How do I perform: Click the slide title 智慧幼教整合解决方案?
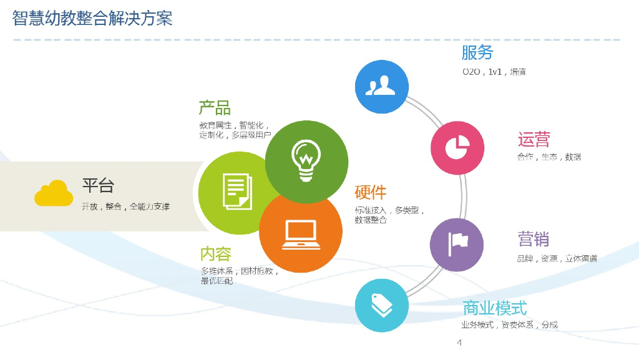pos(92,18)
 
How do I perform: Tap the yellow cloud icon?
pos(54,193)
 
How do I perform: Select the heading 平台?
pos(98,185)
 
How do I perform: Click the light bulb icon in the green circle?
pos(306,160)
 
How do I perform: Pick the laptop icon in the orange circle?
pos(300,235)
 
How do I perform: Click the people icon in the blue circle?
pos(381,87)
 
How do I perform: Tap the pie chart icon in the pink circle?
pos(457,147)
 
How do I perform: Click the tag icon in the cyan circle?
pos(381,304)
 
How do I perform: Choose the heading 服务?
pos(477,52)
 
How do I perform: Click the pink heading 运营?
pos(534,139)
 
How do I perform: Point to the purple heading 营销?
pos(533,239)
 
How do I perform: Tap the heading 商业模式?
pos(494,308)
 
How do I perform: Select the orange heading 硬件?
pos(371,192)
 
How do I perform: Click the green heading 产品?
pos(215,107)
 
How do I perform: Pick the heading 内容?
pos(216,254)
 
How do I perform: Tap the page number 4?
pos(459,343)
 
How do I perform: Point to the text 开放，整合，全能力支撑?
pos(125,207)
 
